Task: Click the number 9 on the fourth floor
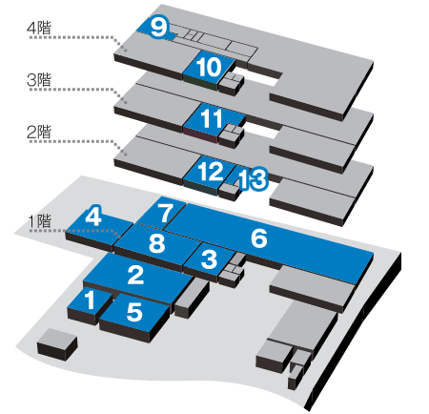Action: (158, 28)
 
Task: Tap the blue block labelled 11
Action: (214, 118)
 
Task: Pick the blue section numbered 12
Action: (209, 172)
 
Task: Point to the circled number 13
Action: (253, 179)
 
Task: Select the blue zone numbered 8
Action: (157, 243)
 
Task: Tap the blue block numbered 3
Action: (209, 259)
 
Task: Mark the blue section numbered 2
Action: (136, 276)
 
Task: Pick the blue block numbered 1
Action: (90, 300)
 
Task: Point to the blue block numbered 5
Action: (135, 312)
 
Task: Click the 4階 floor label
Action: (39, 29)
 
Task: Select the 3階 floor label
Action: (39, 79)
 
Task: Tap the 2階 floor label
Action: (39, 132)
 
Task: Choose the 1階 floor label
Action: (39, 221)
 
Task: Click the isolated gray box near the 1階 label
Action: (57, 344)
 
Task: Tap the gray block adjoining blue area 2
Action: (192, 299)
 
